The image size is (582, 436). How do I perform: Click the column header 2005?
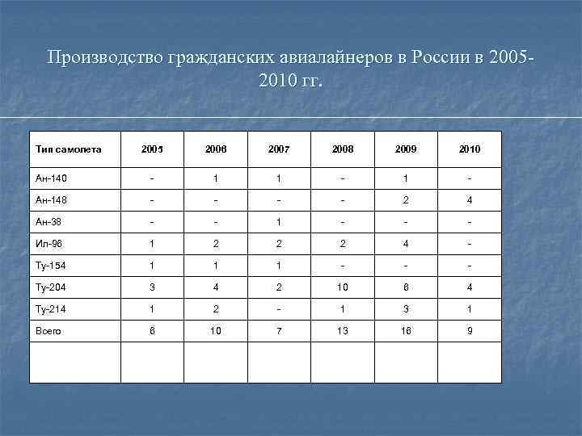click(152, 149)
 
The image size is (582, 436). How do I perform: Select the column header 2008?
click(342, 149)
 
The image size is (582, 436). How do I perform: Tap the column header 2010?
click(469, 149)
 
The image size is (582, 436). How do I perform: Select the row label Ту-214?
click(50, 308)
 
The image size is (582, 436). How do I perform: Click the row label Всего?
click(48, 330)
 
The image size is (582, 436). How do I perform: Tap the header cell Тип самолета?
click(69, 149)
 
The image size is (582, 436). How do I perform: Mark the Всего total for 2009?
click(406, 330)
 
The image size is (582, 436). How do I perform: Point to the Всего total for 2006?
click(215, 330)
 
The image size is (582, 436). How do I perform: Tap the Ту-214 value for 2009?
click(406, 308)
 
